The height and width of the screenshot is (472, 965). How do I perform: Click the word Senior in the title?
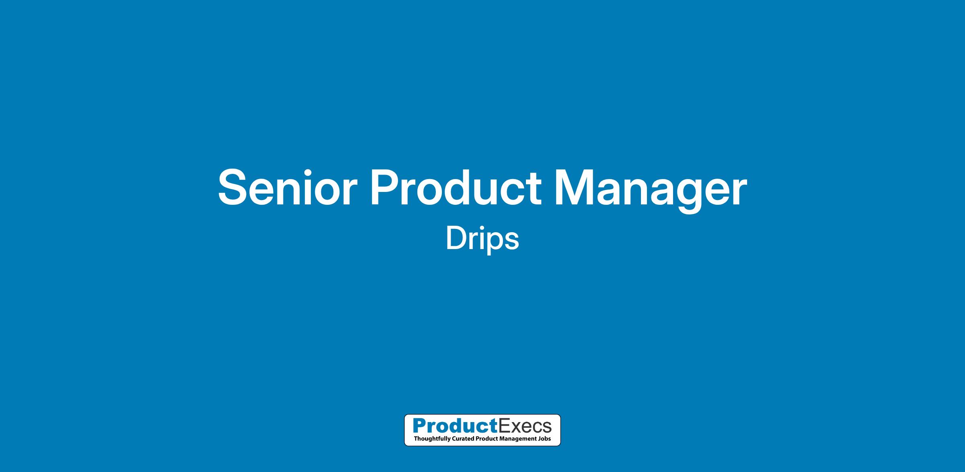pos(287,188)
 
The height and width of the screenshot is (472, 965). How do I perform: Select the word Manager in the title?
pos(650,189)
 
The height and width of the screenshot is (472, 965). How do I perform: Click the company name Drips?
pos(482,239)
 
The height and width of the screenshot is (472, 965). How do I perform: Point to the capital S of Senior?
pos(234,187)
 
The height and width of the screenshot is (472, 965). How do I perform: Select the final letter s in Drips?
pos(511,241)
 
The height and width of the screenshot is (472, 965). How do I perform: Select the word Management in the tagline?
pos(519,439)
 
